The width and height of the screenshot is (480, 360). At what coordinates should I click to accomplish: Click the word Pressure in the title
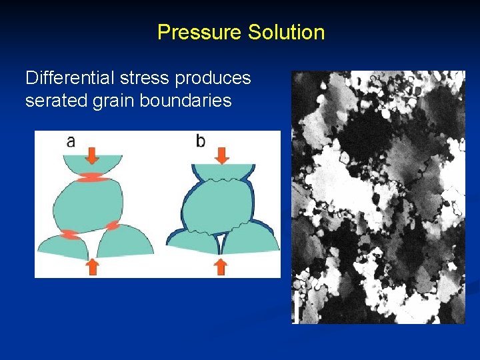click(x=199, y=32)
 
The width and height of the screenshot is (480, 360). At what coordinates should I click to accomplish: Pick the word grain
click(x=105, y=101)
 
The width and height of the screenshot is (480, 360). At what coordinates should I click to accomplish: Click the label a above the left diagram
click(x=71, y=141)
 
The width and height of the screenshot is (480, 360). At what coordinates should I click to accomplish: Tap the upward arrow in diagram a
click(x=92, y=267)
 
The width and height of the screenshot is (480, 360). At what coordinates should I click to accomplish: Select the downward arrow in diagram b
click(x=221, y=155)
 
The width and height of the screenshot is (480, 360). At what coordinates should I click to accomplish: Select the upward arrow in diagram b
click(x=221, y=267)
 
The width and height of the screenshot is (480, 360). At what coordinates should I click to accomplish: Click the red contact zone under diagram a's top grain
click(x=92, y=177)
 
